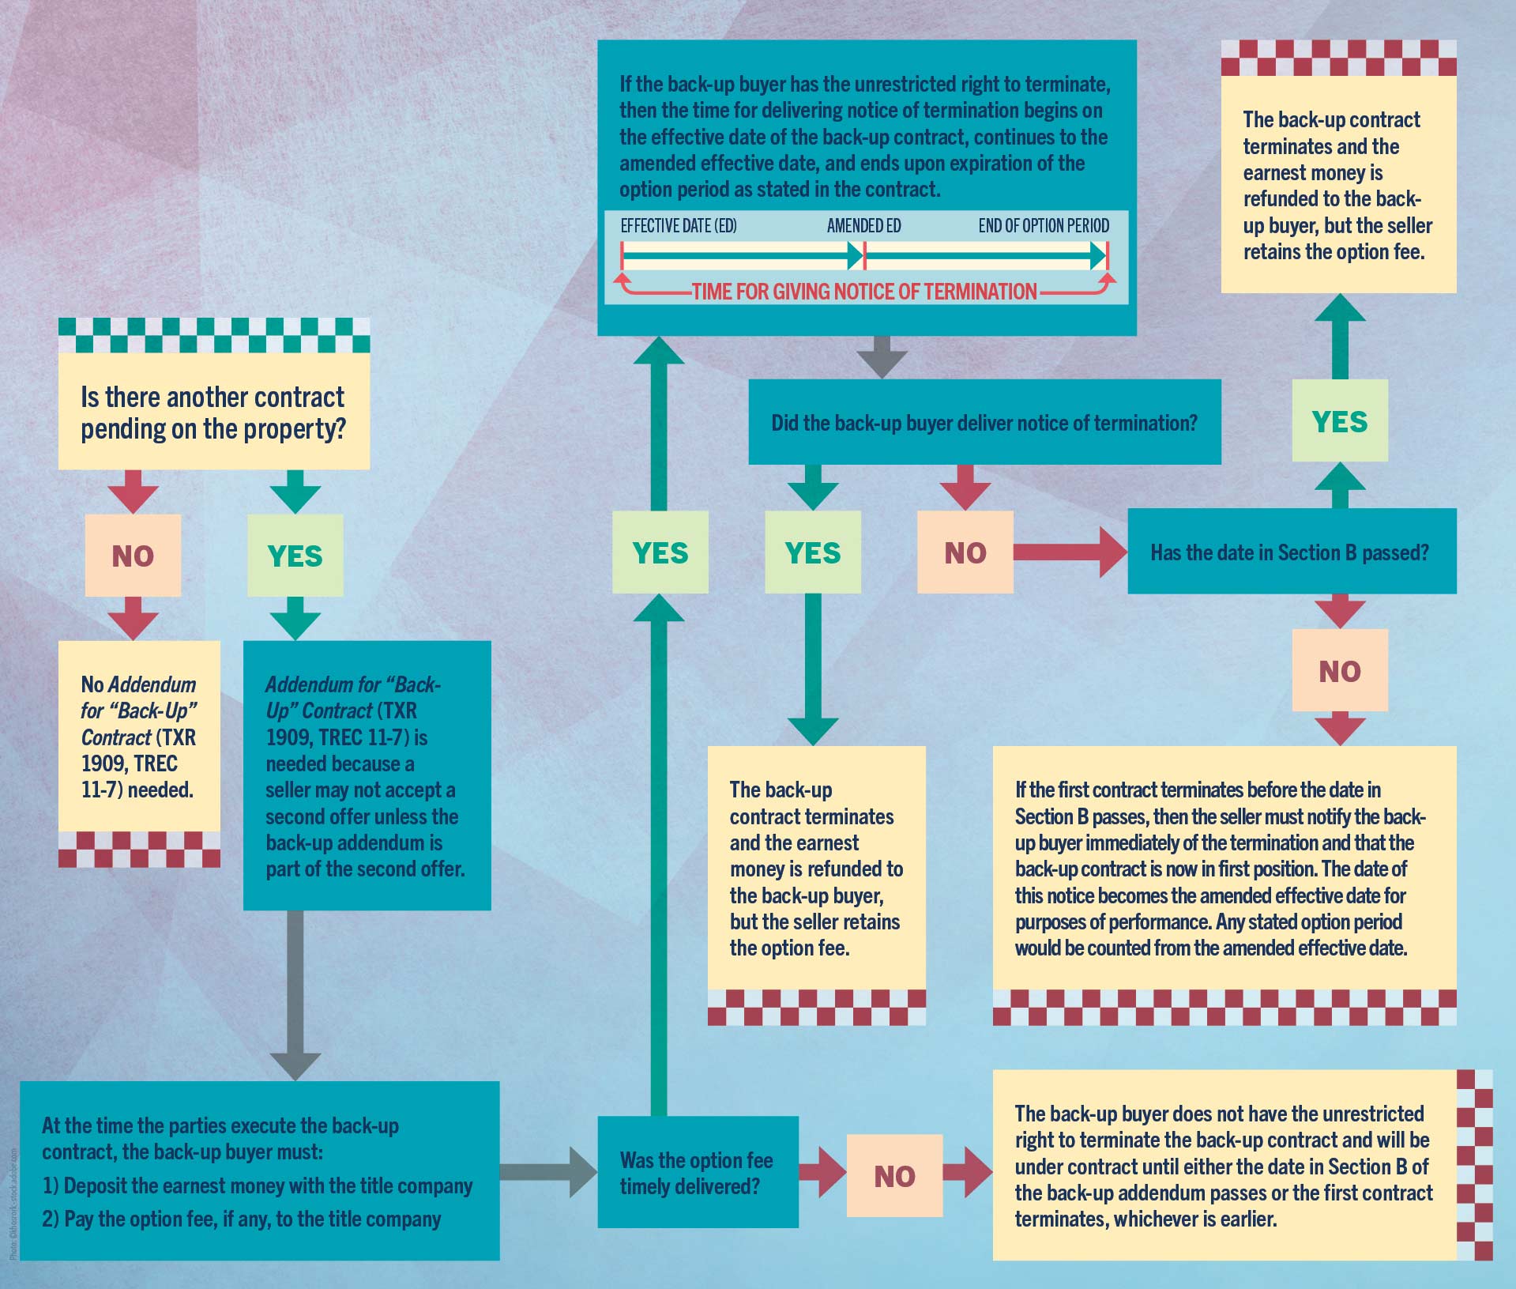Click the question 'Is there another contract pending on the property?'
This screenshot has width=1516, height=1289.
pyautogui.click(x=213, y=412)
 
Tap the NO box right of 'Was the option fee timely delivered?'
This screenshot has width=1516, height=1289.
pyautogui.click(x=894, y=1176)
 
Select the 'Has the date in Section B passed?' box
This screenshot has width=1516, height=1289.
pyautogui.click(x=1291, y=552)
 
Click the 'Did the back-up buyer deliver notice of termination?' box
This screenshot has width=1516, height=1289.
pyautogui.click(x=984, y=423)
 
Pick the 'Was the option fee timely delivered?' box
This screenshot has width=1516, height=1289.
pyautogui.click(x=698, y=1173)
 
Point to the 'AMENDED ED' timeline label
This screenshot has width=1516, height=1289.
pyautogui.click(x=863, y=226)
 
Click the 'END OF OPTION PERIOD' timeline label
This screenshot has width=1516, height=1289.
pyautogui.click(x=1044, y=226)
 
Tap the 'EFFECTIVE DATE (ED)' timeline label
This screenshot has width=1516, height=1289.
pyautogui.click(x=679, y=226)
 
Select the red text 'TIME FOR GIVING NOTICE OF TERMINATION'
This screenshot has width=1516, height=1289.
pyautogui.click(x=864, y=292)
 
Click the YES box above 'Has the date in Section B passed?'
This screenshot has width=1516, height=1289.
pyautogui.click(x=1340, y=421)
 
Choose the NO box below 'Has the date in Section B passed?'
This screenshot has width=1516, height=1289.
pyautogui.click(x=1340, y=671)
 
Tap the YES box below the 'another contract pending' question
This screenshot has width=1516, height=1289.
pyautogui.click(x=295, y=556)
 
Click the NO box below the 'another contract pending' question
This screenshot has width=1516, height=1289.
pyautogui.click(x=133, y=556)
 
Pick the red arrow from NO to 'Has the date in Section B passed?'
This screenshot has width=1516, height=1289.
pyautogui.click(x=1070, y=552)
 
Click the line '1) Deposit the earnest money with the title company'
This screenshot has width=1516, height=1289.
pyautogui.click(x=257, y=1185)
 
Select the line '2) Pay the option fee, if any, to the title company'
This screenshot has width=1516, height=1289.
pyautogui.click(x=241, y=1219)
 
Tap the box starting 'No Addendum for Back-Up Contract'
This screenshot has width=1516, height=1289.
pyautogui.click(x=139, y=737)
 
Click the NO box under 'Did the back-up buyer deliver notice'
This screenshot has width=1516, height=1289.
pyautogui.click(x=965, y=552)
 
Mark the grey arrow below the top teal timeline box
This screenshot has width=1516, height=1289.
pyautogui.click(x=882, y=357)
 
